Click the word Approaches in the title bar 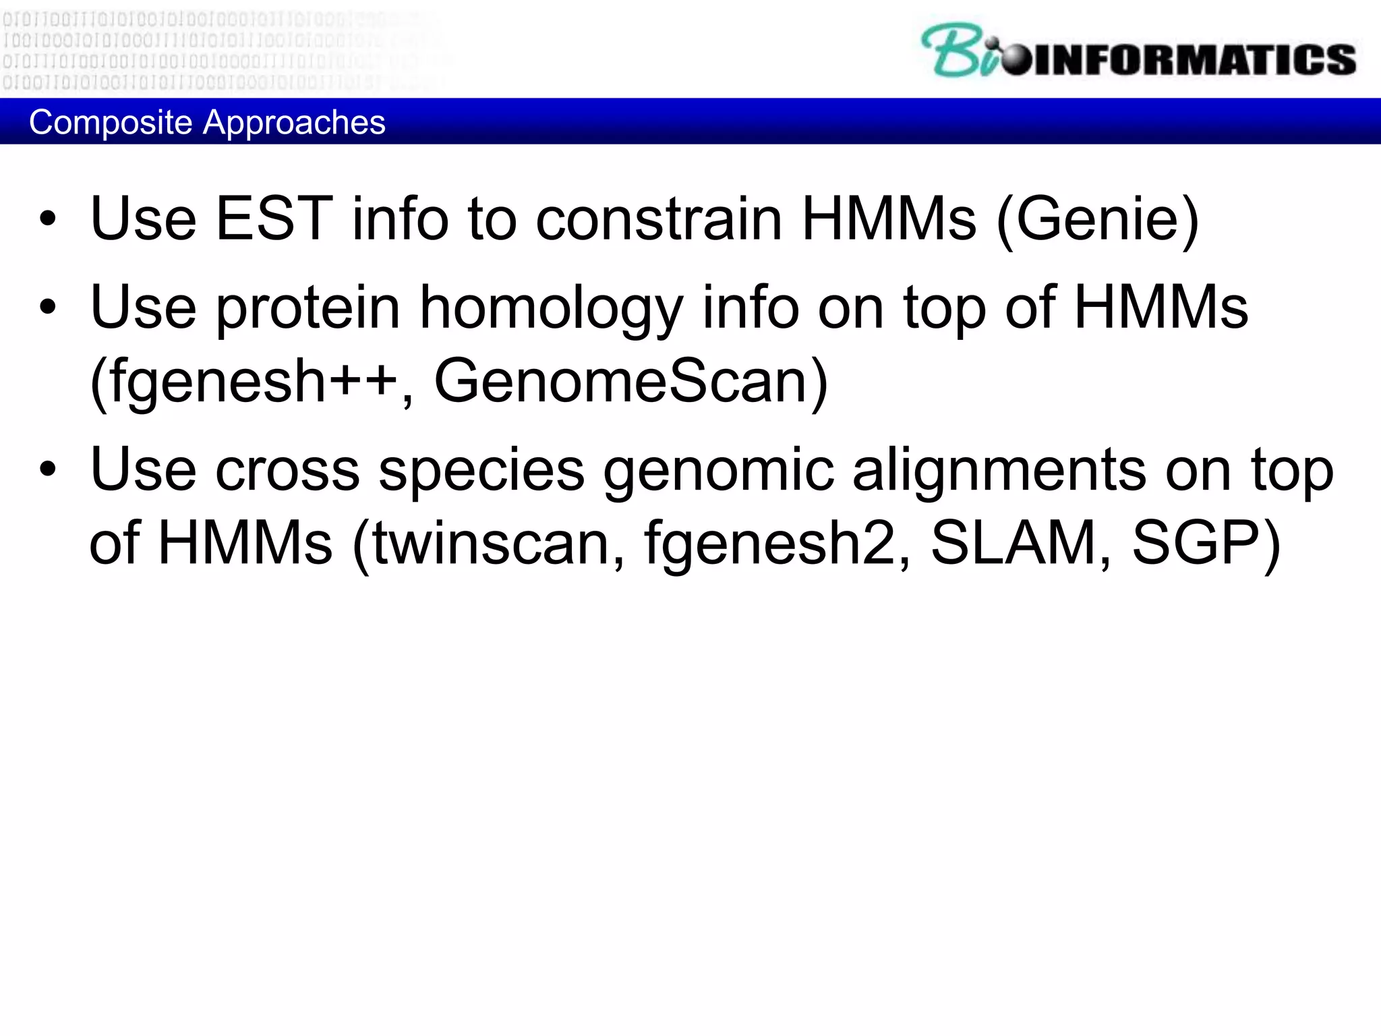294,123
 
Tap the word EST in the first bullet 274,219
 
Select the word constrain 658,219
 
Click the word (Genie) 1098,219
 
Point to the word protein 308,308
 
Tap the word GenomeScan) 630,382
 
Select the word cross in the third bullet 287,469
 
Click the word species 481,469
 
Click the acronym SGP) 1206,544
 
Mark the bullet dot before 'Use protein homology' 48,308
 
